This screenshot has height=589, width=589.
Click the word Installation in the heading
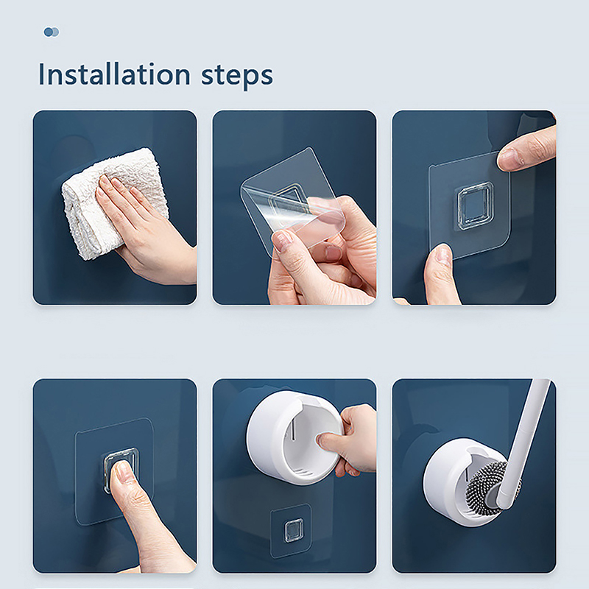point(115,74)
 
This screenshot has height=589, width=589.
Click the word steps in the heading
point(237,77)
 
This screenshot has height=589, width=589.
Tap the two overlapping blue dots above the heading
point(52,32)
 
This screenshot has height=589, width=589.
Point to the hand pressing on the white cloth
point(147,229)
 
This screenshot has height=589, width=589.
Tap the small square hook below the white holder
point(293,530)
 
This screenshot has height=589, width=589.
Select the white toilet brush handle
point(524,443)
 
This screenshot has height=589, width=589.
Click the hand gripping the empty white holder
point(355,440)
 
